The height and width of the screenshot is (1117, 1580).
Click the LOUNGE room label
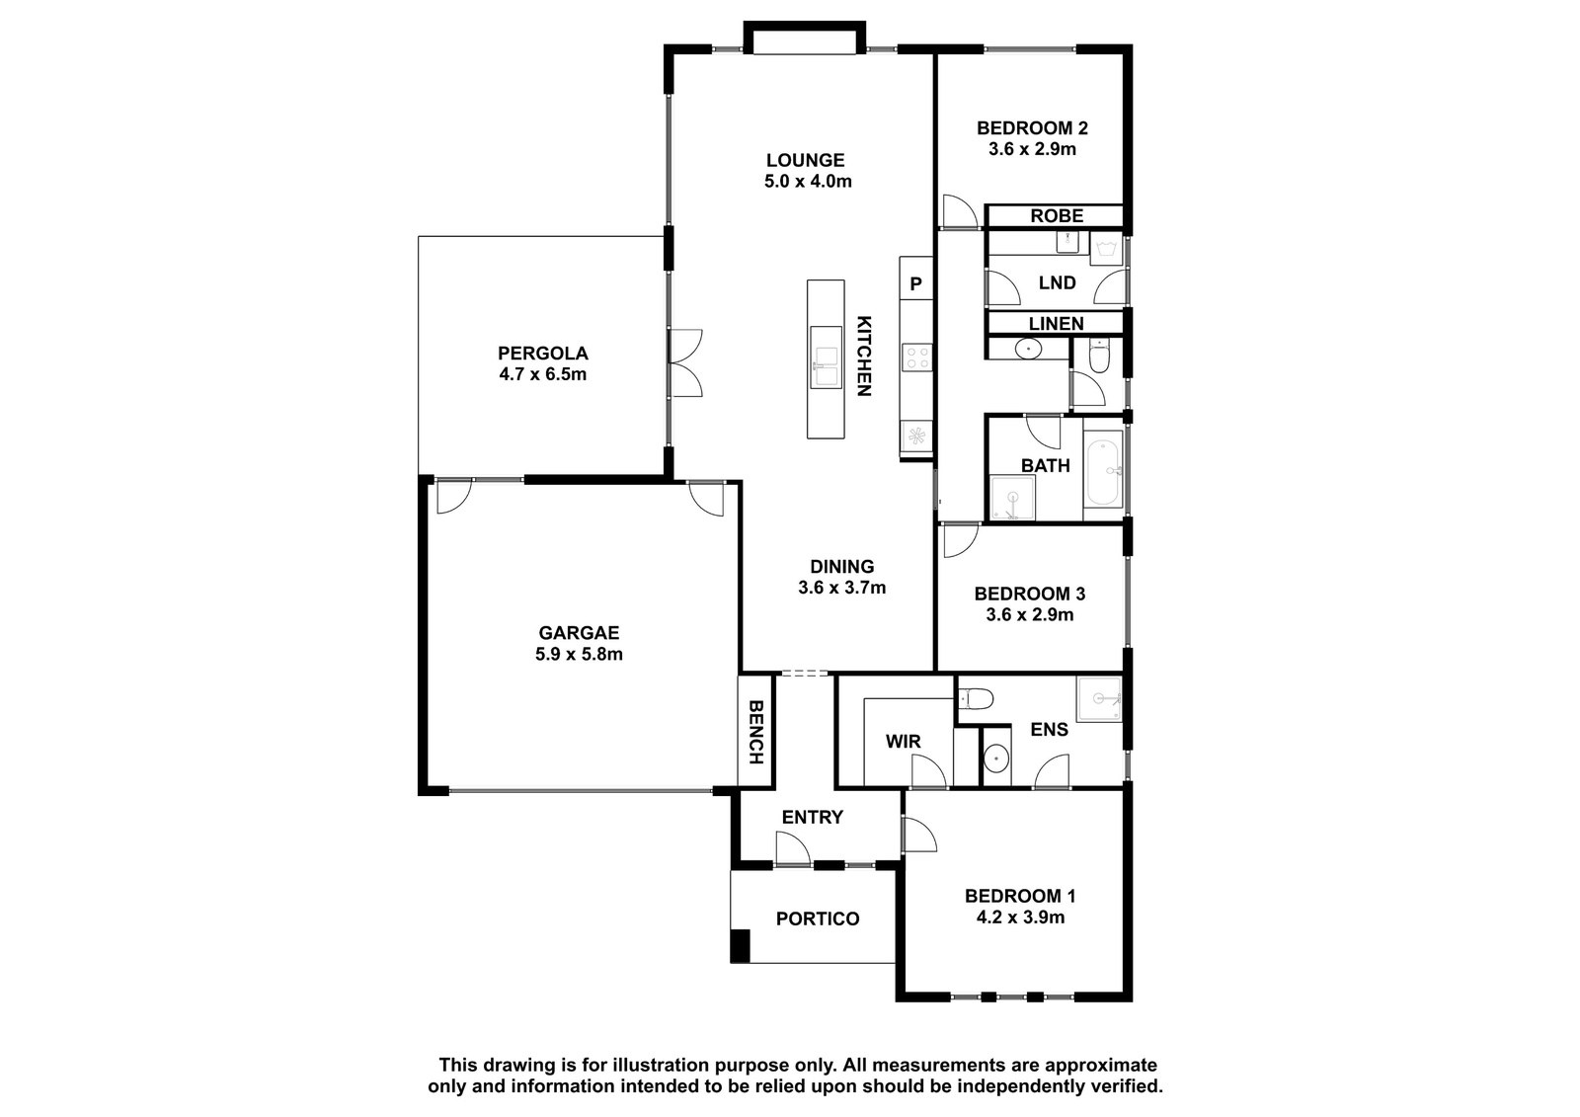click(806, 160)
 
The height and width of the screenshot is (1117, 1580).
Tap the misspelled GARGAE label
click(579, 633)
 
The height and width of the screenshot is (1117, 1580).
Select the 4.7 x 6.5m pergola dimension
click(542, 374)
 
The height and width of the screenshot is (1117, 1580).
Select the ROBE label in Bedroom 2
click(1057, 216)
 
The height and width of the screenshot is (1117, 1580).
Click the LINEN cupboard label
click(1056, 324)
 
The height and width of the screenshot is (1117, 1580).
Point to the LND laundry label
click(1057, 283)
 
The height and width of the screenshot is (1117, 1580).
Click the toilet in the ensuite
click(976, 699)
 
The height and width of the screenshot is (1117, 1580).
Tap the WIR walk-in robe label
click(903, 742)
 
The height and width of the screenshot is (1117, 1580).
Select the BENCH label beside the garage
click(755, 732)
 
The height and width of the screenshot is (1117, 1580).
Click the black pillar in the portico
click(740, 946)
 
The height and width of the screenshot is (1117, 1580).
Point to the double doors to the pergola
click(685, 362)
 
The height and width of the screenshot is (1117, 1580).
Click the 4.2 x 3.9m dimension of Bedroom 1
click(1020, 918)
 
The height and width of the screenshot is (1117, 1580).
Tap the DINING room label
click(841, 567)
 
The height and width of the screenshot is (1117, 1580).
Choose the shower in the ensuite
click(1098, 699)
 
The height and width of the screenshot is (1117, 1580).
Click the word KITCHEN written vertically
click(864, 356)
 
